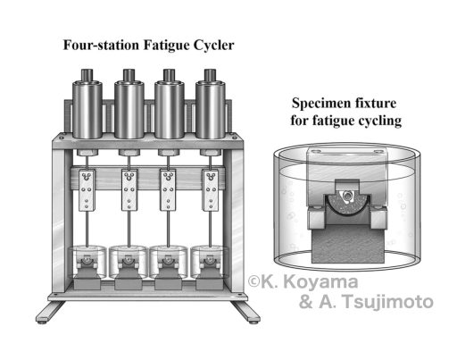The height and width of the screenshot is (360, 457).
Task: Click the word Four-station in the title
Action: [101, 46]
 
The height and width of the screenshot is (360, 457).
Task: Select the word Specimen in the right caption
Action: [319, 104]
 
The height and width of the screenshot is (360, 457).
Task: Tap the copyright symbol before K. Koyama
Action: [254, 281]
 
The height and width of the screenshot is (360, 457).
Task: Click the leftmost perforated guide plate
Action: [87, 190]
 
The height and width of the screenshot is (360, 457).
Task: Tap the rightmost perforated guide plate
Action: [211, 190]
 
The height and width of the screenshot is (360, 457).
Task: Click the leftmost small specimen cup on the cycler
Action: [87, 262]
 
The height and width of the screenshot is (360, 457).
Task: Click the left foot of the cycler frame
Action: [49, 312]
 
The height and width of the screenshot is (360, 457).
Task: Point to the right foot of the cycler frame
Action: [246, 312]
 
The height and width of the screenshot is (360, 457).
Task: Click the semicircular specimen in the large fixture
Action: [347, 204]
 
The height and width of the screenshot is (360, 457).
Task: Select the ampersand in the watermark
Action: [306, 302]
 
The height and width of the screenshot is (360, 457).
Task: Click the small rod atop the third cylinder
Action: [169, 74]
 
